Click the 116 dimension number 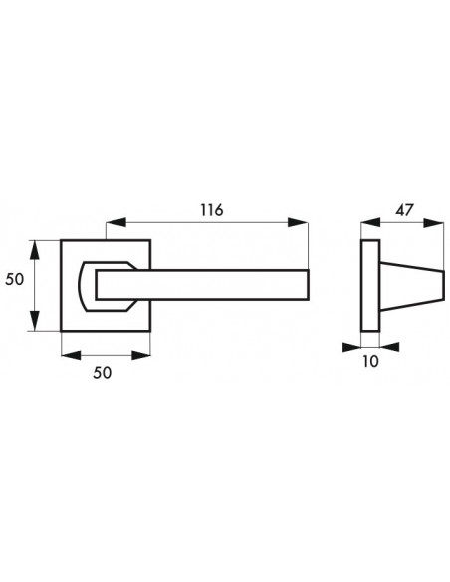pos(212,210)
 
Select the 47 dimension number pos(403,210)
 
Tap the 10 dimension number pos(370,361)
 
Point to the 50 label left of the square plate pos(15,279)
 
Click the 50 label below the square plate pos(102,373)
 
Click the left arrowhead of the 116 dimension pos(116,222)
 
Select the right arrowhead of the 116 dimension pos(298,222)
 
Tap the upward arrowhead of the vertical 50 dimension pos(35,250)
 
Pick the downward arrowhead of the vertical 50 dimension pos(35,321)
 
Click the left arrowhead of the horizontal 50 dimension pos(71,355)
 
